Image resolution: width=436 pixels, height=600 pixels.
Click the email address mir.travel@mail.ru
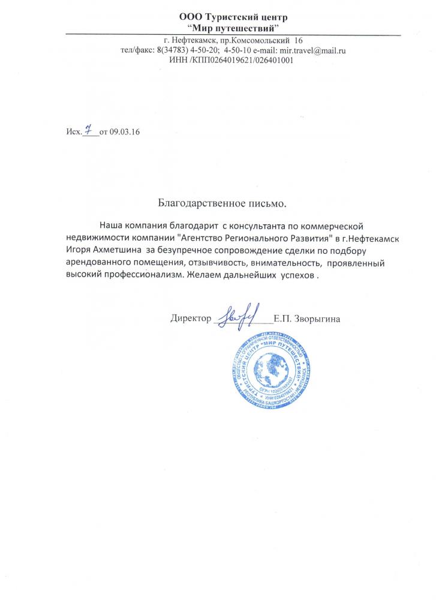[312, 51]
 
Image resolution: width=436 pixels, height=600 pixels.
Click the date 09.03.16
[124, 132]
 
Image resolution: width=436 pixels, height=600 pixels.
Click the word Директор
[191, 319]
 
